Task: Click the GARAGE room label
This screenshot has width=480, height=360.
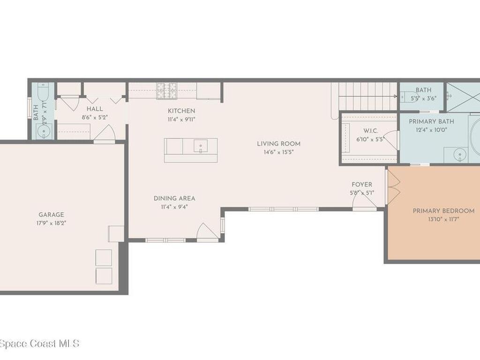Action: click(51, 215)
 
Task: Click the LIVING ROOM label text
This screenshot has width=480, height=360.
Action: click(278, 144)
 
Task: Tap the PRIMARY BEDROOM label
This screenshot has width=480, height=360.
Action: click(443, 211)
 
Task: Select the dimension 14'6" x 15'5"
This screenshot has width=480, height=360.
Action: click(278, 152)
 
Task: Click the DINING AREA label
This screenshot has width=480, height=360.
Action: click(174, 198)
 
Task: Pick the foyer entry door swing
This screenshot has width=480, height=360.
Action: click(364, 201)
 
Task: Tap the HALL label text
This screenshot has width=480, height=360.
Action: click(95, 109)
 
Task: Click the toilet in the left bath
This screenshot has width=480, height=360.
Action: click(43, 92)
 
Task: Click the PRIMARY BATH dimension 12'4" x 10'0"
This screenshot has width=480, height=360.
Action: click(431, 130)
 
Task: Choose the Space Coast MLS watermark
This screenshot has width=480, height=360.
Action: click(39, 344)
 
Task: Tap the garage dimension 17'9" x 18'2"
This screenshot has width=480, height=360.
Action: click(51, 223)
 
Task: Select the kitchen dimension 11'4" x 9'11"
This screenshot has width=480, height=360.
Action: click(181, 119)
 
